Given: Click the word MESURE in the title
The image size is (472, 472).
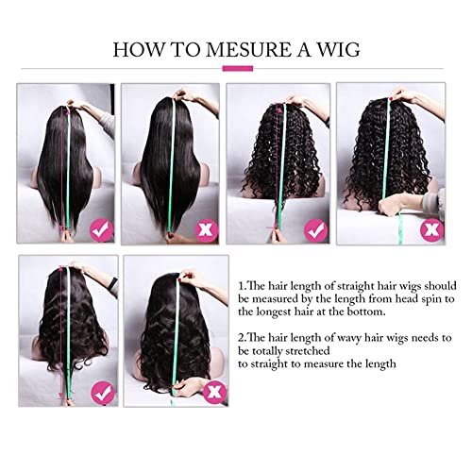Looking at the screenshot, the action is pos(248,49).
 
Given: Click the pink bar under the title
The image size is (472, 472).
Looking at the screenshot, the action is pos(238,68).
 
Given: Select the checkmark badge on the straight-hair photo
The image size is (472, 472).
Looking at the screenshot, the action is pos(102,230).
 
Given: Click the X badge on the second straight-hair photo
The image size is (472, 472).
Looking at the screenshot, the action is pos(207,230).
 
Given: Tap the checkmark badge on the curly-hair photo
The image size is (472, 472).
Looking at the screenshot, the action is pos(315,231).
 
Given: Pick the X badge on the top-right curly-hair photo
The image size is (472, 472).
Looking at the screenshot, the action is pos(431,229).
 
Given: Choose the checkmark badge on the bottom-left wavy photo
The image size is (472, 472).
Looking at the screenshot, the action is pos(103,393).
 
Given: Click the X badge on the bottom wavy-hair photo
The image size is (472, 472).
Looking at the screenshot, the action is pos(214,392).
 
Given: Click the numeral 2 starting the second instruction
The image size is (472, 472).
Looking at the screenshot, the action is pos(241,338).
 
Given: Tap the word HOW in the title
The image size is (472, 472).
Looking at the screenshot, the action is pos(139,49).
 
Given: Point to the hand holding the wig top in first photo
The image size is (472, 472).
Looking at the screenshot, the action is pos(78,105).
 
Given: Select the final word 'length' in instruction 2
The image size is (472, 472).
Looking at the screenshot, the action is pos(380,364).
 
